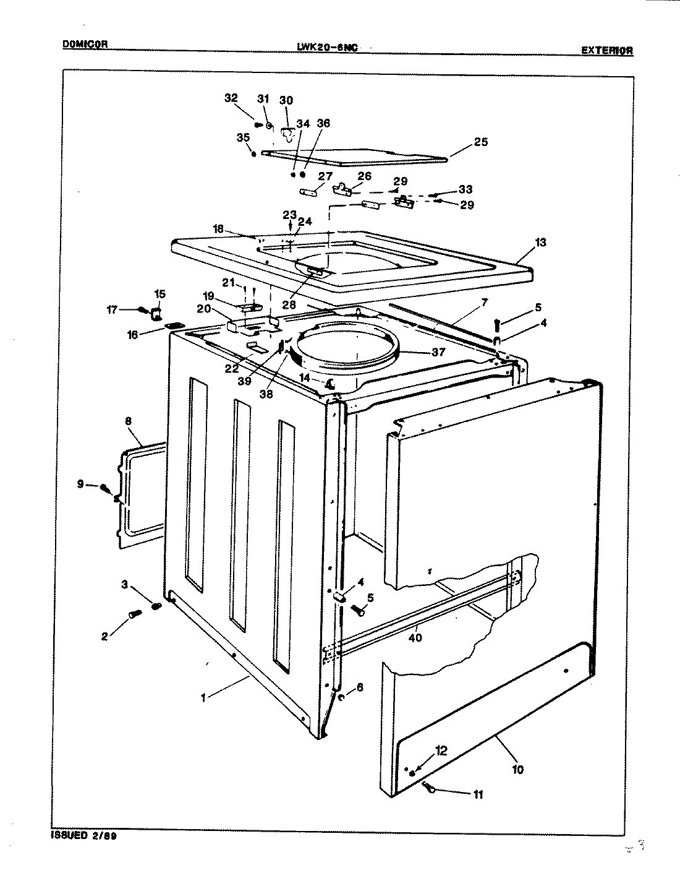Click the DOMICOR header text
click(x=86, y=44)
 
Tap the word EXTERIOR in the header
click(x=607, y=51)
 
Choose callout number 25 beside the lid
click(x=480, y=142)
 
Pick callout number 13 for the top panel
click(x=540, y=243)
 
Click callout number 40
click(x=415, y=637)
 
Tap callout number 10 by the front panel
click(x=517, y=769)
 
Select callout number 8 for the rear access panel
click(x=128, y=421)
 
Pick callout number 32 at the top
click(x=231, y=98)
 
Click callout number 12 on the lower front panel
click(x=441, y=751)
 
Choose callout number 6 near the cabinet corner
click(x=360, y=687)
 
